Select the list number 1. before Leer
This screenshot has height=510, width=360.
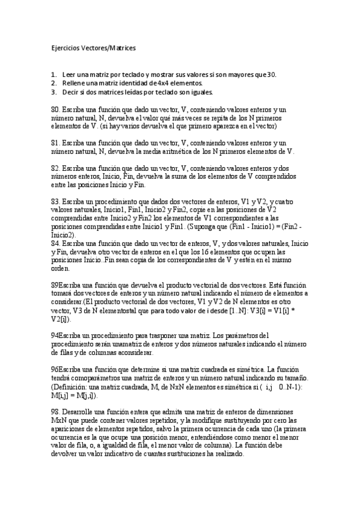coord(53,74)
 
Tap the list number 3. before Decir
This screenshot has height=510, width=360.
coord(53,92)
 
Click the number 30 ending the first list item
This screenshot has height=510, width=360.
coord(272,74)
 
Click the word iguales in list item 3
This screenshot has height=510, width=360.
coord(201,92)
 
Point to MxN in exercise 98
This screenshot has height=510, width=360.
coord(59,419)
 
